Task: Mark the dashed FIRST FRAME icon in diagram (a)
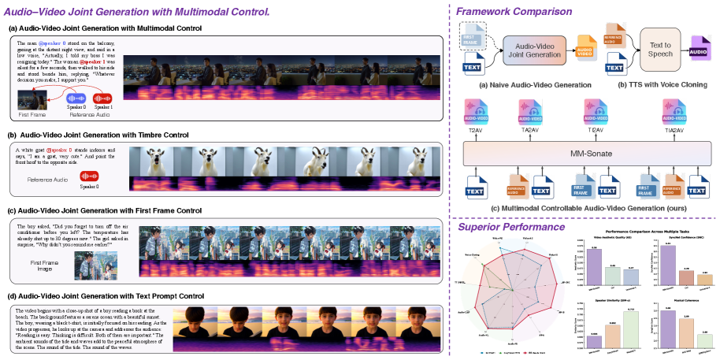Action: pos(473,36)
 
